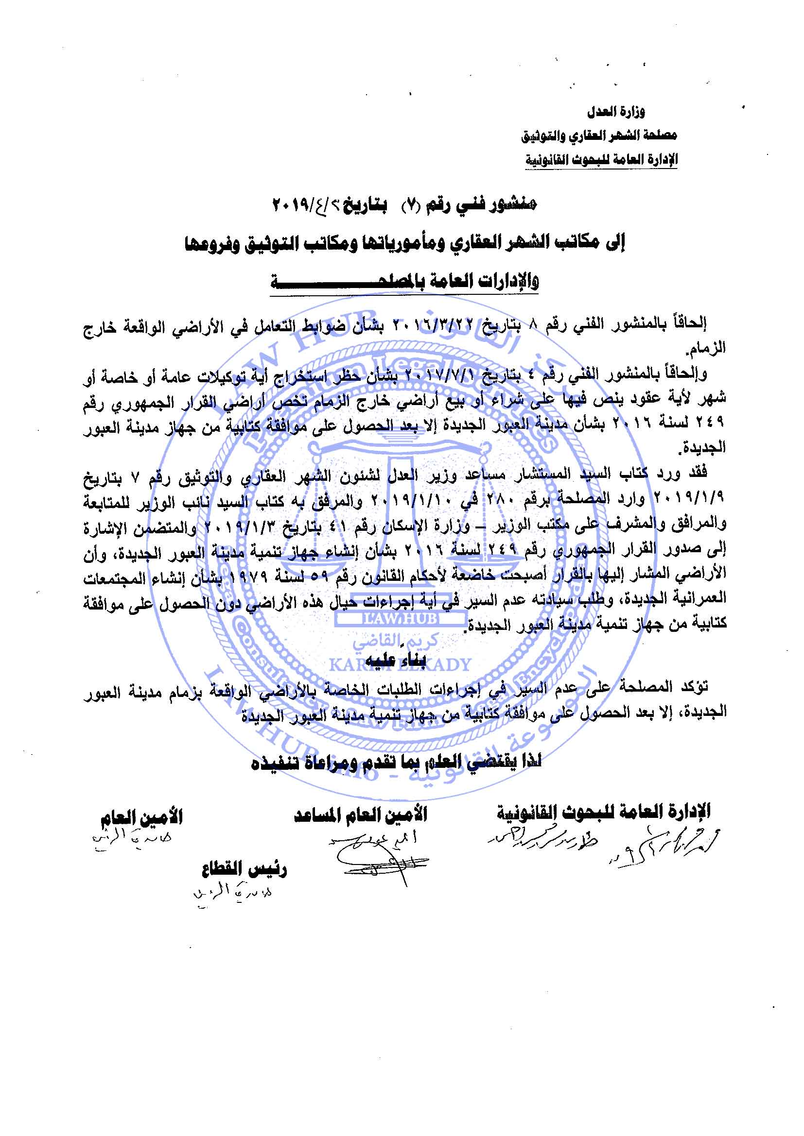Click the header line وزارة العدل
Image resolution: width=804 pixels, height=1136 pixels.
[x=616, y=112]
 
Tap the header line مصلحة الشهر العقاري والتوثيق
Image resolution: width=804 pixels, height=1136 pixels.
[x=598, y=135]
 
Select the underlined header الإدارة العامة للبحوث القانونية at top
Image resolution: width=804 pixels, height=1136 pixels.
[x=601, y=159]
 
